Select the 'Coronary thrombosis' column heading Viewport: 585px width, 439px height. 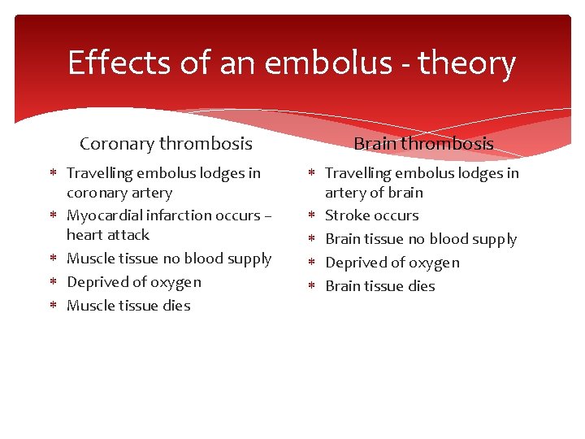[166, 144]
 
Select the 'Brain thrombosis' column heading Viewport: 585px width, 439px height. [423, 144]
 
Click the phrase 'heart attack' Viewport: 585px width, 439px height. [108, 235]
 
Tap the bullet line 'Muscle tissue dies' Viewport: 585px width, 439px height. [128, 306]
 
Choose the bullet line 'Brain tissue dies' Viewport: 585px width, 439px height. [380, 286]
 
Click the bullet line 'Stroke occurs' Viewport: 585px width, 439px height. [372, 215]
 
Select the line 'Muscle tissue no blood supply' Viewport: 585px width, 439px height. [169, 259]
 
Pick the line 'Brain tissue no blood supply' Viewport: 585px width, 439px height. [421, 239]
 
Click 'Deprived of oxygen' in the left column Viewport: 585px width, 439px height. [134, 282]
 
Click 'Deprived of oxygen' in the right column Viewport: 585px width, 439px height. [392, 263]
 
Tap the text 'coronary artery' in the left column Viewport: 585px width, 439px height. [119, 193]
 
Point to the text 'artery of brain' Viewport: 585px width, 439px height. [374, 193]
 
